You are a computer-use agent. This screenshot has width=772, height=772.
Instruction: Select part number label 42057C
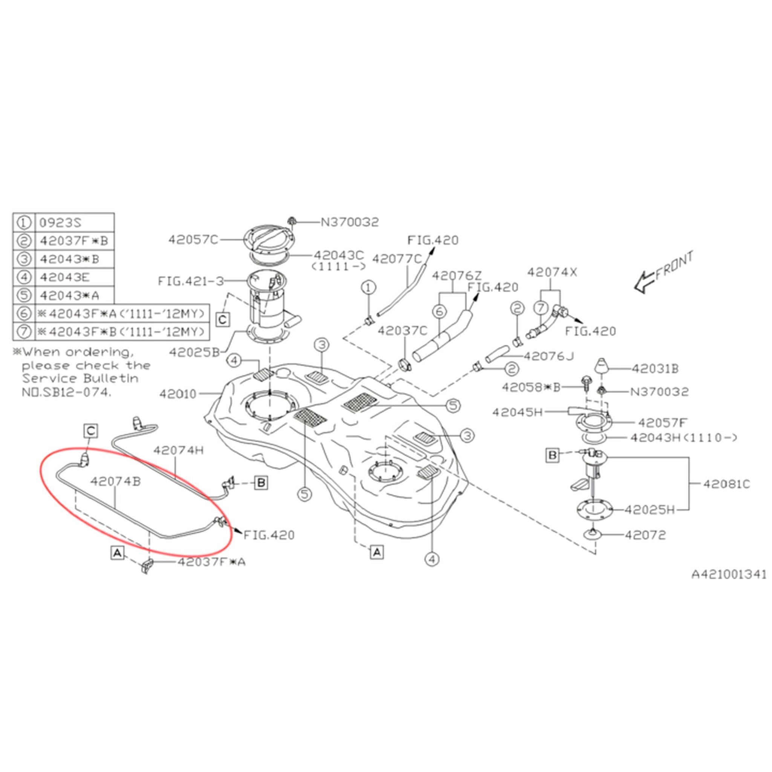(193, 240)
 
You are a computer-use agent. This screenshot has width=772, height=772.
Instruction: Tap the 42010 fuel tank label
(178, 394)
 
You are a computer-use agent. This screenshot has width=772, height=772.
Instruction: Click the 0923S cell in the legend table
(74, 222)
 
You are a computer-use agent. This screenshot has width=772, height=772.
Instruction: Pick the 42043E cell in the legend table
(74, 277)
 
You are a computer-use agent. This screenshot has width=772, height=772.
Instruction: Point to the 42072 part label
(645, 535)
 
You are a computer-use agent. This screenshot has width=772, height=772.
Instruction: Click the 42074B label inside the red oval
(115, 481)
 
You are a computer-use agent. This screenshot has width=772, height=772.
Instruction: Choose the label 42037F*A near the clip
(211, 562)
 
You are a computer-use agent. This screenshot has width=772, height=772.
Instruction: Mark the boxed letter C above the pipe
(91, 431)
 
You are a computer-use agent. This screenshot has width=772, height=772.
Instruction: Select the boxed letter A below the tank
(377, 553)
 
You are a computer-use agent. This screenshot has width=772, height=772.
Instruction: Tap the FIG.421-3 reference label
(191, 281)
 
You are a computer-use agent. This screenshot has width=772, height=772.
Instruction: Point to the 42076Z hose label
(457, 276)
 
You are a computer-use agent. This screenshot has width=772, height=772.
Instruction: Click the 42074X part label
(552, 272)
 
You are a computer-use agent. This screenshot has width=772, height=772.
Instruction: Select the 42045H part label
(518, 412)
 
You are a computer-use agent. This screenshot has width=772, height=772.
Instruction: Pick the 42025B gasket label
(194, 352)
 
